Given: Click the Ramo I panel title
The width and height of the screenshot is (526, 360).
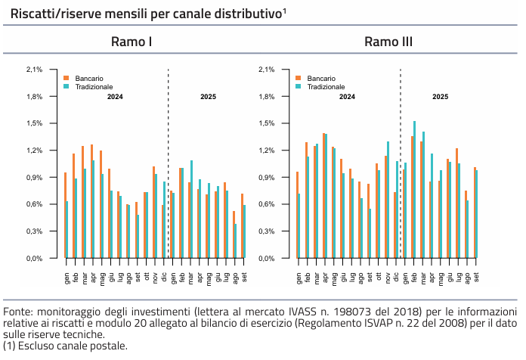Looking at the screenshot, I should pos(132,42).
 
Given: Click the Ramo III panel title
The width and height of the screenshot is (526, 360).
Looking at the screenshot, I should pos(388,42).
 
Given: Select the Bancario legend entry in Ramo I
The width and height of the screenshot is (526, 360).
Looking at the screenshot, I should pos(88,79).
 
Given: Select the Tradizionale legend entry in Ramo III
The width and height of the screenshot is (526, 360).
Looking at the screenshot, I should pos(326,87).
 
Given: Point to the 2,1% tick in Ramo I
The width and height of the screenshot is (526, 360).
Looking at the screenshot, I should pos(34,70).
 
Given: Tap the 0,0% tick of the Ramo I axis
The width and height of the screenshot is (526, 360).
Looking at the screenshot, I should pos(34,259).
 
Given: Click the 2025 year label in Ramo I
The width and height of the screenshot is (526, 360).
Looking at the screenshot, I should pos(208,97).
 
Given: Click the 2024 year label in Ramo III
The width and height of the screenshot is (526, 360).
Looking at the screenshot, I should pos(347,97).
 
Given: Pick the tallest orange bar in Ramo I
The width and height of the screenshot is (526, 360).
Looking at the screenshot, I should pos(92,201).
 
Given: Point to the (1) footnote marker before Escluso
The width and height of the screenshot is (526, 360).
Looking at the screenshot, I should pos(8,346).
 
